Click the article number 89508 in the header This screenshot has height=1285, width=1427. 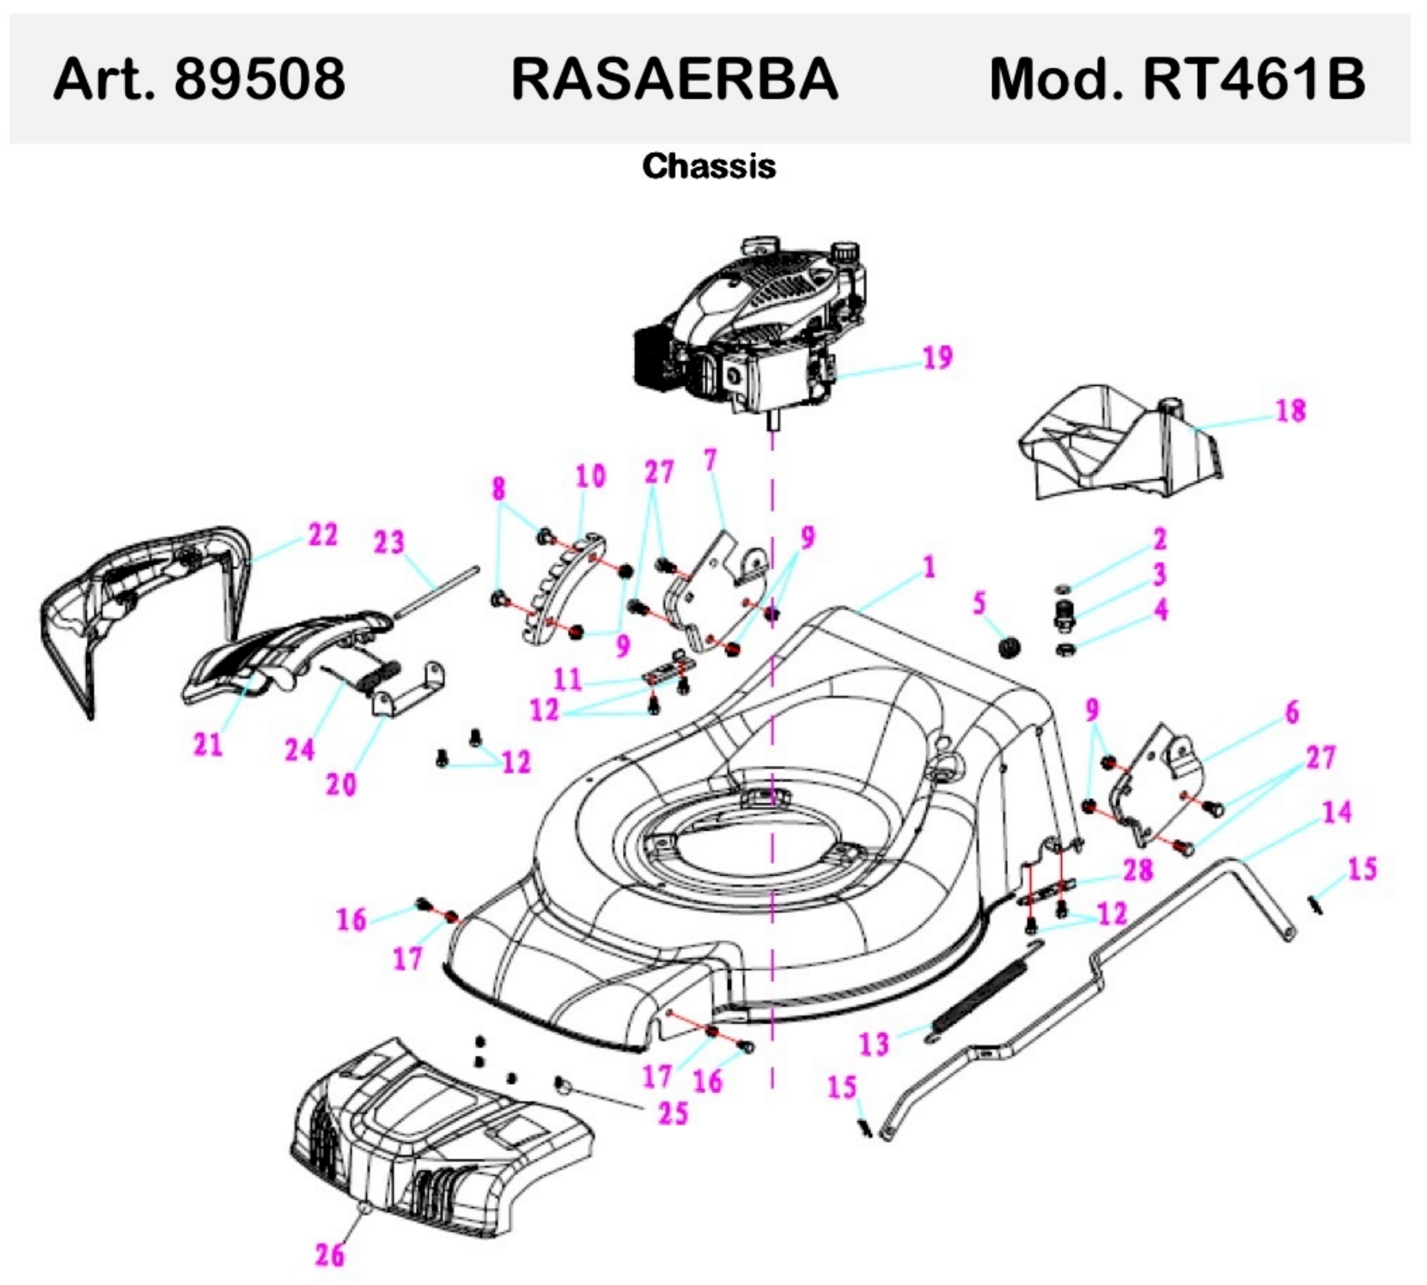(x=259, y=78)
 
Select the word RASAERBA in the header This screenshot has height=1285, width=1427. (x=674, y=78)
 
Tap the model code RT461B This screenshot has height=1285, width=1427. (x=1254, y=78)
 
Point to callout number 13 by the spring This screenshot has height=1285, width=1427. (x=874, y=1043)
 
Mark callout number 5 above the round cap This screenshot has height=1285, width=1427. (x=978, y=604)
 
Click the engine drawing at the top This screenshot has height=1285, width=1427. (x=756, y=332)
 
